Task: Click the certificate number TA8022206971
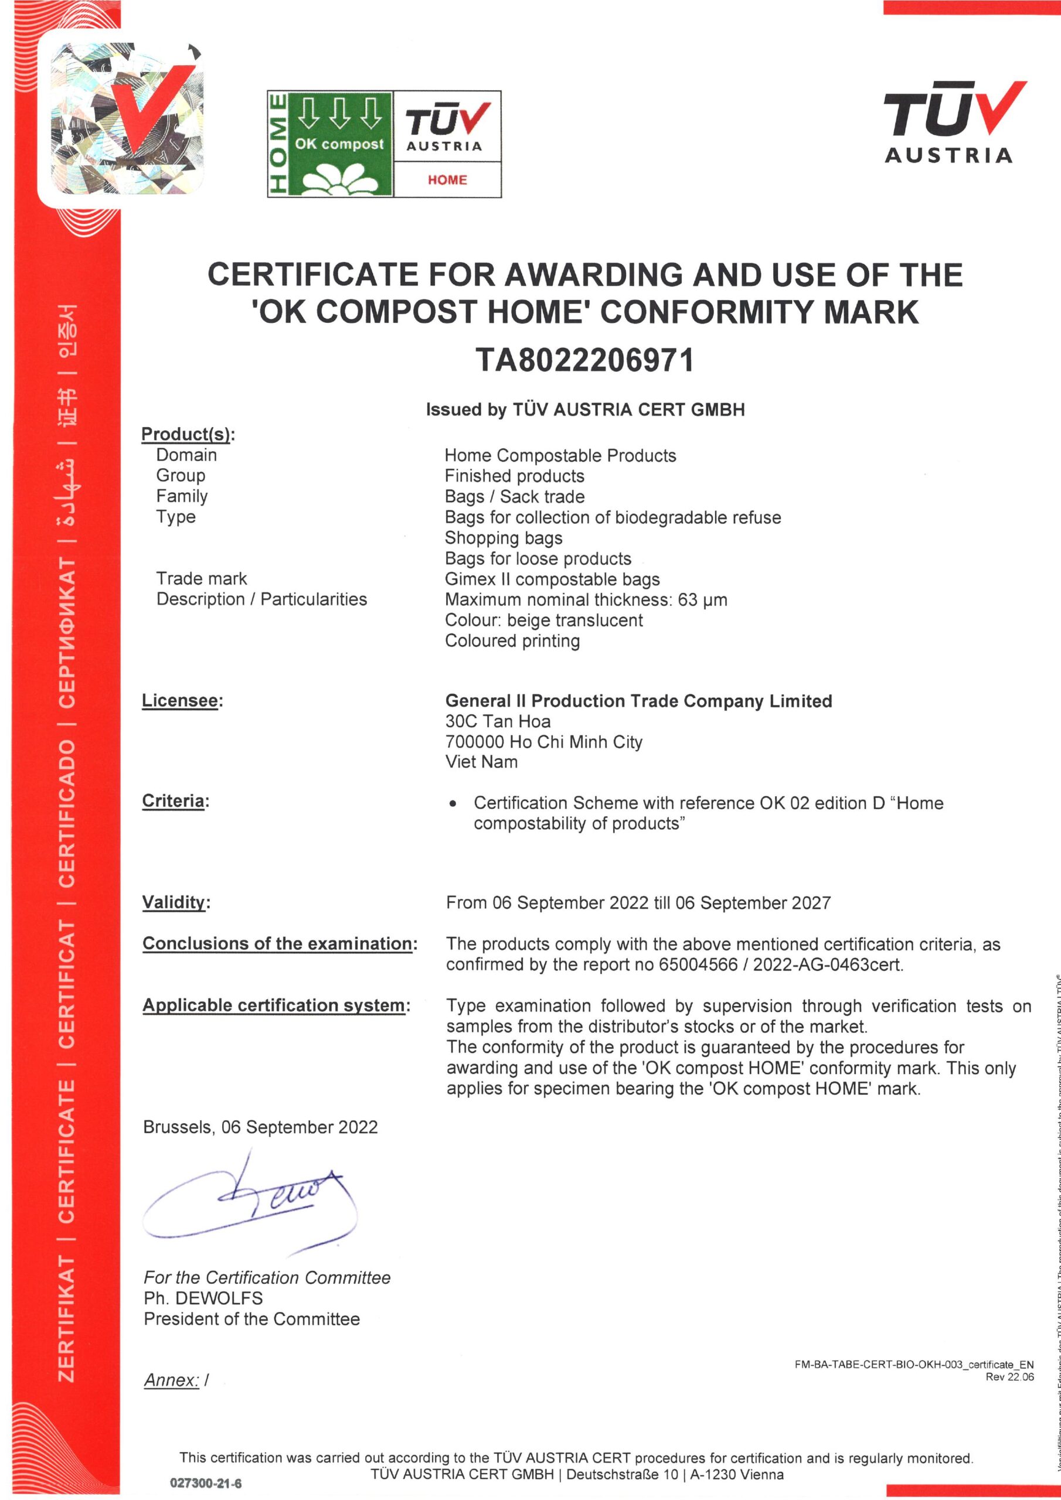click(x=584, y=360)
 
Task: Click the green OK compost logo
click(x=330, y=144)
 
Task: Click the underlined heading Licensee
click(x=180, y=700)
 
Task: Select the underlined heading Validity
click(x=174, y=902)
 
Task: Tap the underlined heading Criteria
click(x=174, y=801)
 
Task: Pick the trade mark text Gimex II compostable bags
click(x=552, y=579)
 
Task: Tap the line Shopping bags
click(x=504, y=538)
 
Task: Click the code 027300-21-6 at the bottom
click(x=205, y=1484)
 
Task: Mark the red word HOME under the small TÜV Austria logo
click(x=447, y=180)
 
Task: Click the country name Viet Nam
click(x=481, y=762)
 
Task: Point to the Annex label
click(x=171, y=1380)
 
